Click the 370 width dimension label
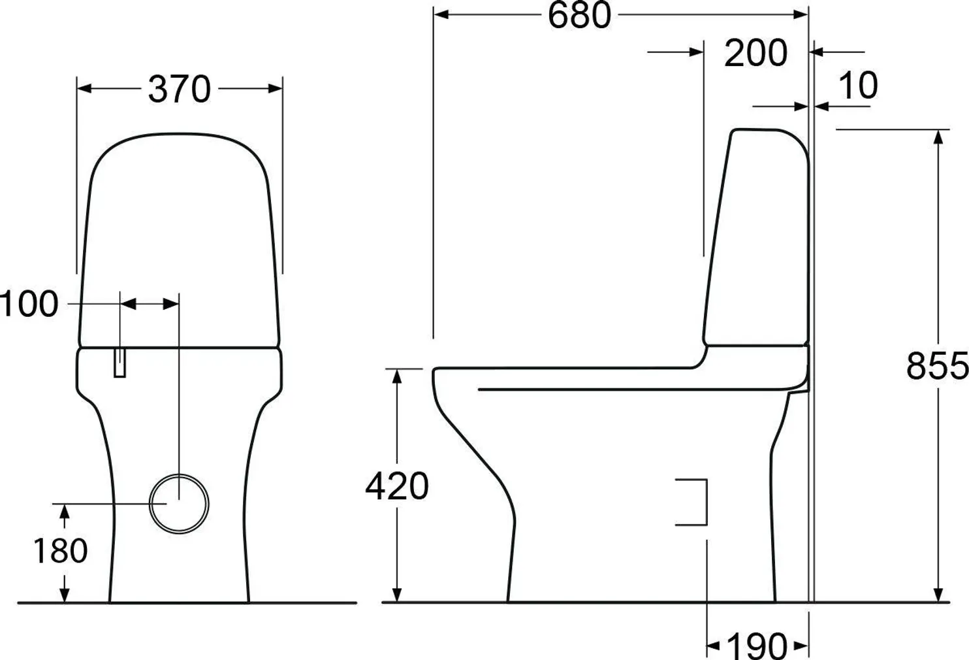(180, 90)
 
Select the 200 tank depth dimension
(755, 53)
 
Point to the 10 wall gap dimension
(857, 86)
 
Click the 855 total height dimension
(936, 367)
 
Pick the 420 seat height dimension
(396, 486)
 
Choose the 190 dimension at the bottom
(757, 646)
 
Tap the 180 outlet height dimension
(60, 550)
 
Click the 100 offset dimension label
(29, 305)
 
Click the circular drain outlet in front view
(179, 503)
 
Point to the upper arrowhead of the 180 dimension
(64, 512)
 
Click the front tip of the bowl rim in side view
(435, 374)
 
